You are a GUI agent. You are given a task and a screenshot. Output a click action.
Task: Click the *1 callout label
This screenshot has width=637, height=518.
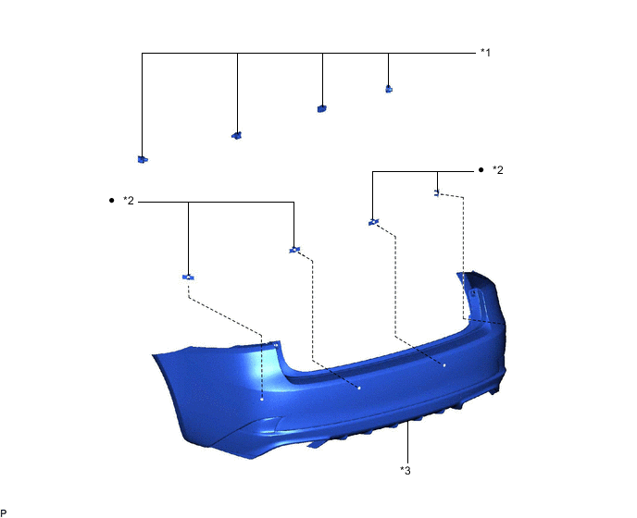pos(485,53)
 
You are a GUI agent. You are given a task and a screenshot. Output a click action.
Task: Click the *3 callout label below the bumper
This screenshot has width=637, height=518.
pos(406,471)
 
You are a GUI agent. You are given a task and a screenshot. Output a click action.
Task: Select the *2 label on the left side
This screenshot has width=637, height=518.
pos(129,201)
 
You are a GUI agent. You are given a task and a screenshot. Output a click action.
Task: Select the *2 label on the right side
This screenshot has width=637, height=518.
pos(498,170)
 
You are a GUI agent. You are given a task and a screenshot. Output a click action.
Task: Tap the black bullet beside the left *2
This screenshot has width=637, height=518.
pos(112,201)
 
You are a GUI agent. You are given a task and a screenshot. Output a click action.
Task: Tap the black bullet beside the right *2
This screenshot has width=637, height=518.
pos(481,170)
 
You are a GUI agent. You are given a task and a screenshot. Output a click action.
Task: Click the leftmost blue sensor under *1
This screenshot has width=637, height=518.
pos(143,159)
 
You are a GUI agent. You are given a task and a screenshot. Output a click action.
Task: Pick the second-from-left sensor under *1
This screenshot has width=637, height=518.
pos(237,135)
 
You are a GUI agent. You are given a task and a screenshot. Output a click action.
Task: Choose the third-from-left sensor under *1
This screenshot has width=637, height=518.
pos(322,108)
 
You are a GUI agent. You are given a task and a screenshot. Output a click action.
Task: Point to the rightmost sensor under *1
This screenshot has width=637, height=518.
pos(389,89)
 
